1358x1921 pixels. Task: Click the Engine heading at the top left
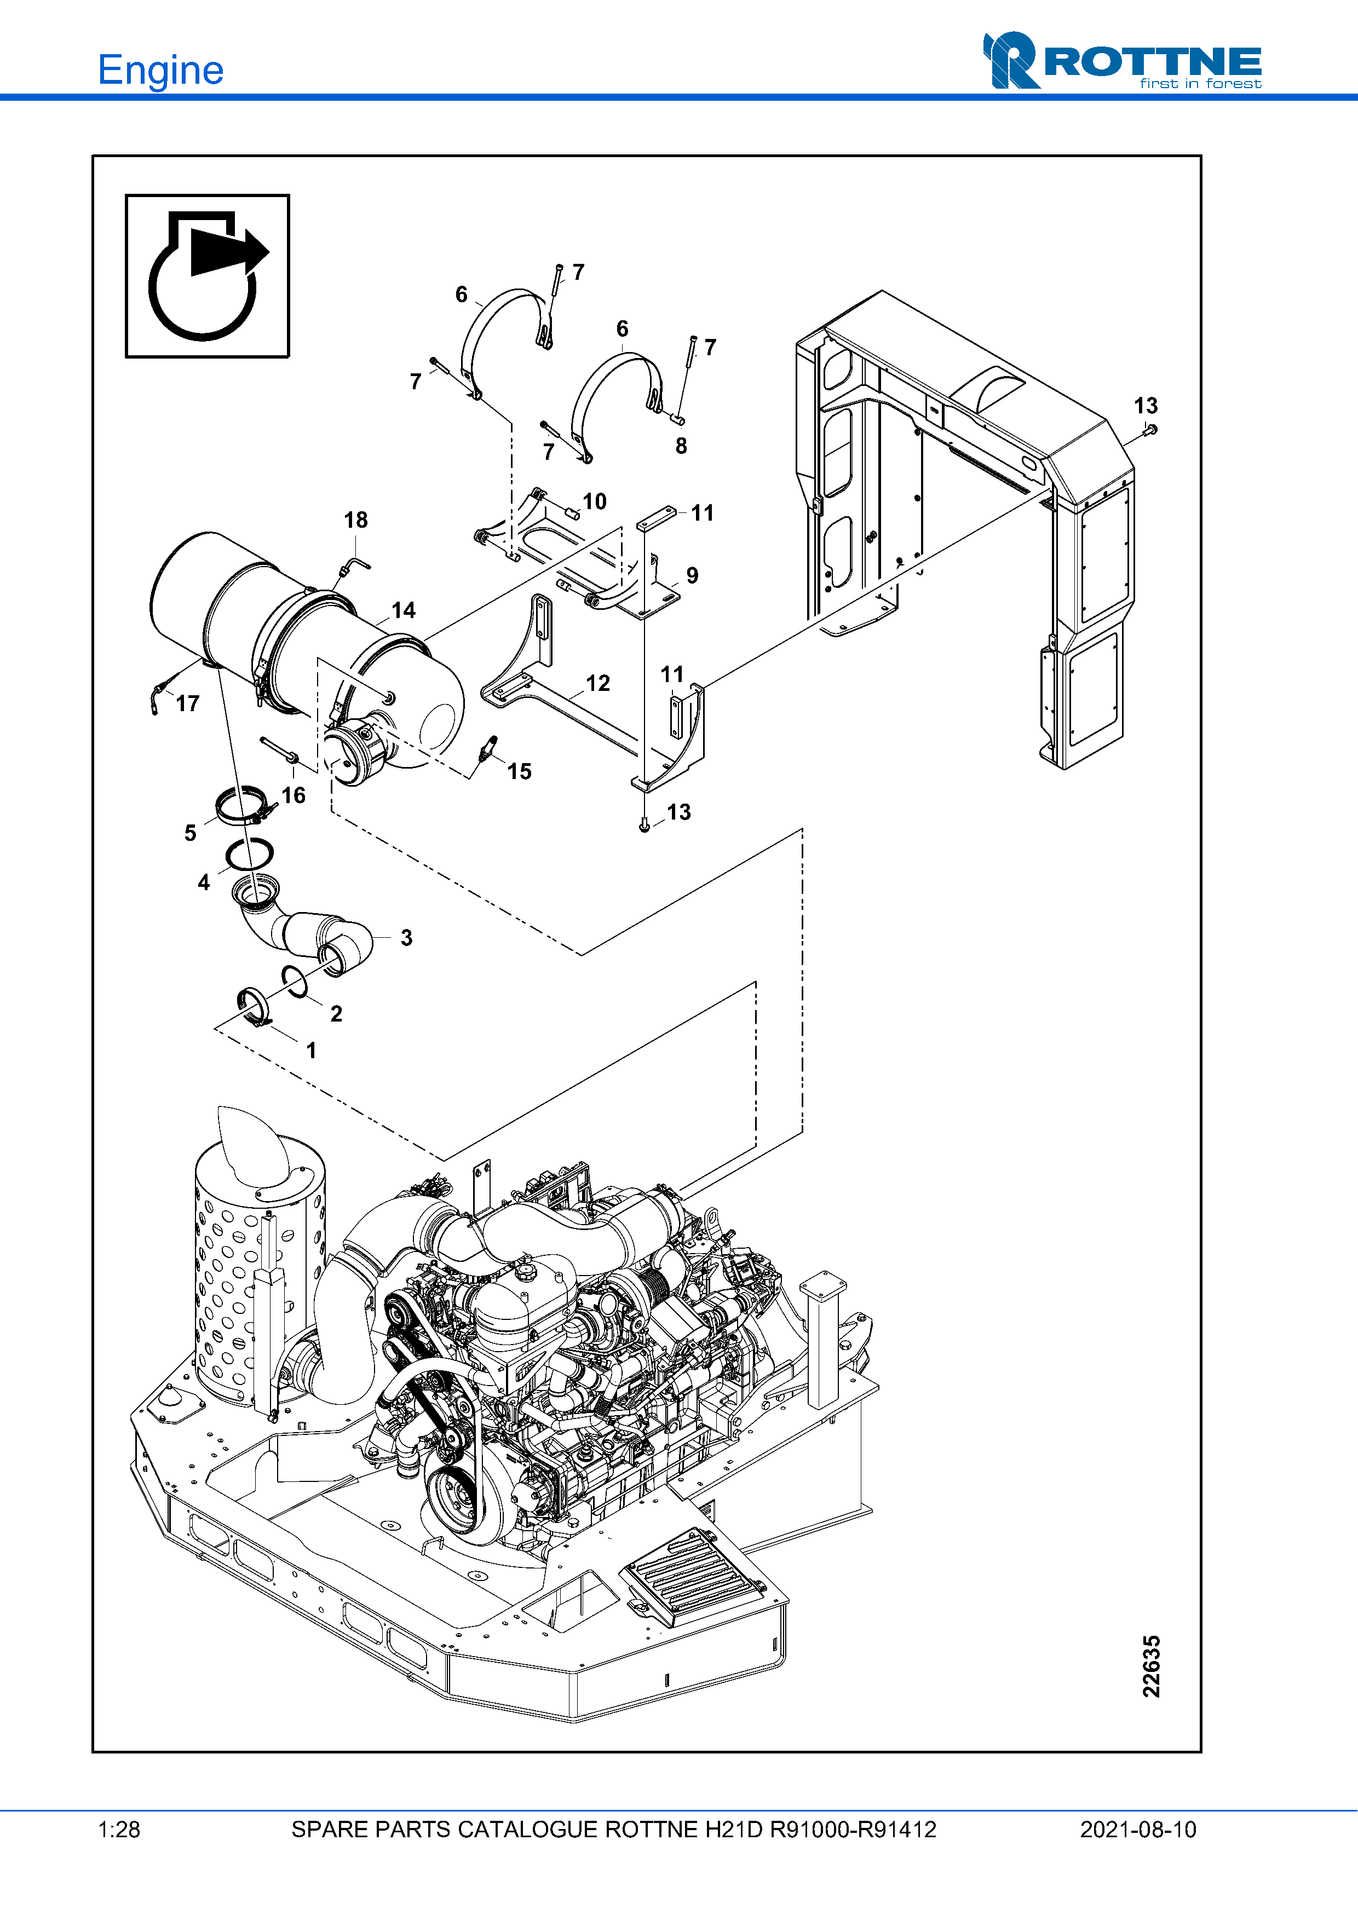[160, 70]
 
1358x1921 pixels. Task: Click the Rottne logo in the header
[1122, 61]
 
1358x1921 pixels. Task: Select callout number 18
[355, 521]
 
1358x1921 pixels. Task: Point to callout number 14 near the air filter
[404, 611]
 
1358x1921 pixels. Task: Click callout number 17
[187, 703]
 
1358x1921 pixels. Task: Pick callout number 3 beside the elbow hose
[407, 938]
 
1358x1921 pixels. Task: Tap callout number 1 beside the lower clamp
[311, 1051]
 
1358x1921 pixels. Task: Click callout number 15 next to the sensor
[519, 771]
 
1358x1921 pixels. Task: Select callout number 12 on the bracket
[597, 684]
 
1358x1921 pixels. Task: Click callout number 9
[692, 575]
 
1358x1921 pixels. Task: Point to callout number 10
[594, 502]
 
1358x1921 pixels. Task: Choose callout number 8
[681, 447]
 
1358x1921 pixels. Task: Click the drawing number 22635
[1152, 1666]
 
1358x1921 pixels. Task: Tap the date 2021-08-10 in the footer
[1137, 1830]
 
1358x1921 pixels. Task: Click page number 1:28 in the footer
[119, 1830]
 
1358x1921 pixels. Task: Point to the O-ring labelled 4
[249, 855]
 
